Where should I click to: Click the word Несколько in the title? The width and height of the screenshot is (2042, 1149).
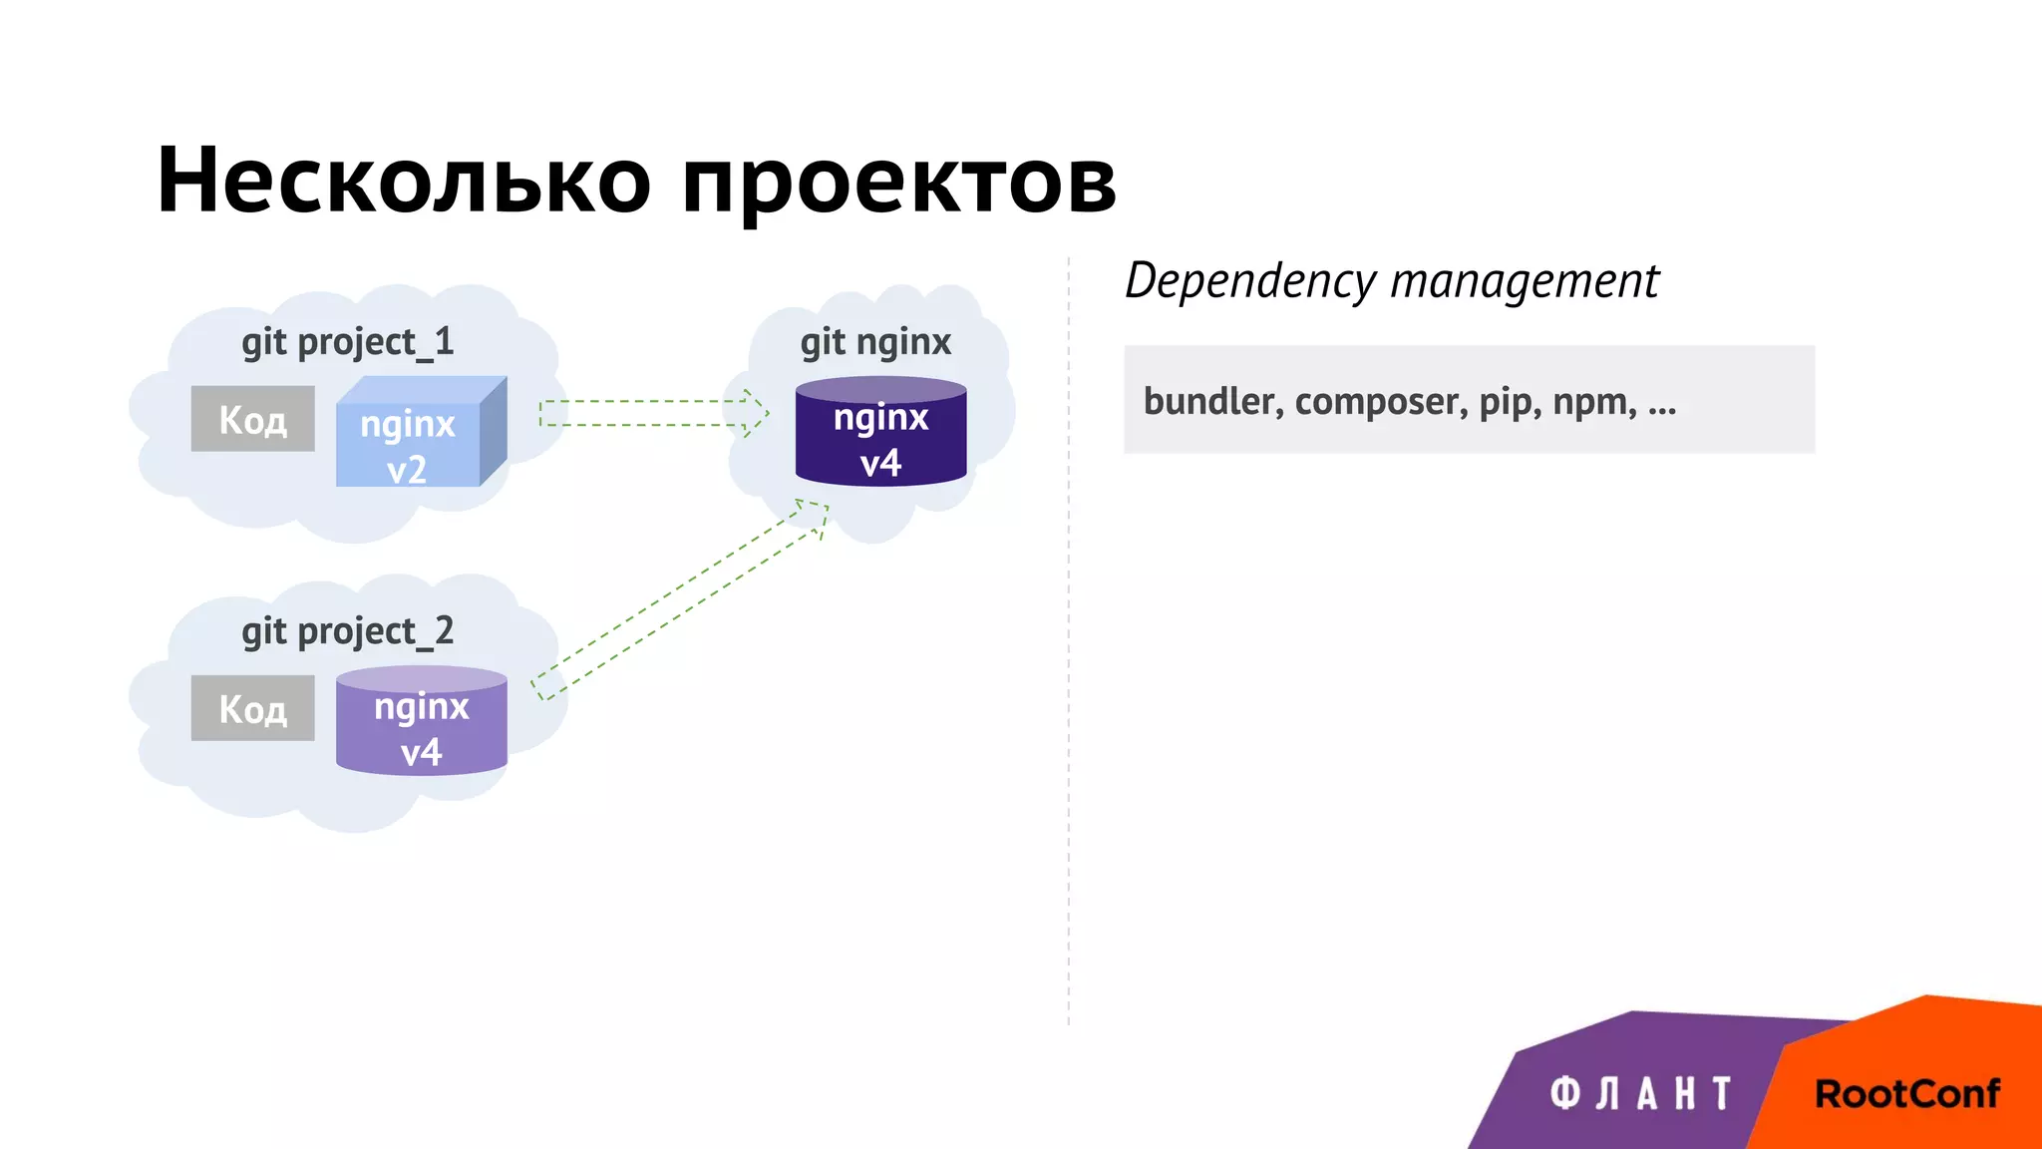[404, 181]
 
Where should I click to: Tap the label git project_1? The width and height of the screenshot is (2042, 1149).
[347, 342]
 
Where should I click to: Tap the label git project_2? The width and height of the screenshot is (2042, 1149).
[347, 631]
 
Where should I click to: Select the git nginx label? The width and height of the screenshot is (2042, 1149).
[875, 342]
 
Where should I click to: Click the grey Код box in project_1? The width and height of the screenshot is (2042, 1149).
[253, 419]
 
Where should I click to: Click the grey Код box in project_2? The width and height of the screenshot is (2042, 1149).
[253, 708]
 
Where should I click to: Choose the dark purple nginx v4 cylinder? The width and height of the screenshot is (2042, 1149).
[880, 434]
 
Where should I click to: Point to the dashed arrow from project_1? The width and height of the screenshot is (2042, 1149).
[653, 413]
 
